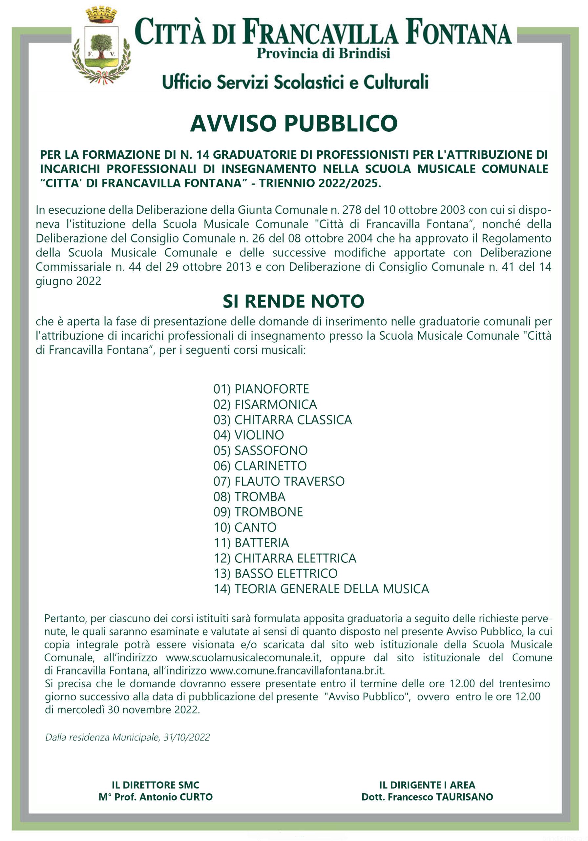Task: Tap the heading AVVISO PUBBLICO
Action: click(x=293, y=124)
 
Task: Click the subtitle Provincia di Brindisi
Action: click(x=323, y=54)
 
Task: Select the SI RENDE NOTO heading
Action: click(x=293, y=301)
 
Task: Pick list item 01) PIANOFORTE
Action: click(x=261, y=389)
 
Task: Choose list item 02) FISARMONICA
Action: click(x=265, y=404)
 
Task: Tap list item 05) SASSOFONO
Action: click(x=260, y=450)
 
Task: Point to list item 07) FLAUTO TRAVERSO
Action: click(x=279, y=481)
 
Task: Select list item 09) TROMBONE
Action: click(x=258, y=512)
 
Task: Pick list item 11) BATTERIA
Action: click(x=251, y=542)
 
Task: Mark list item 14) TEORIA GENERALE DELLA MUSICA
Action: click(x=321, y=589)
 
